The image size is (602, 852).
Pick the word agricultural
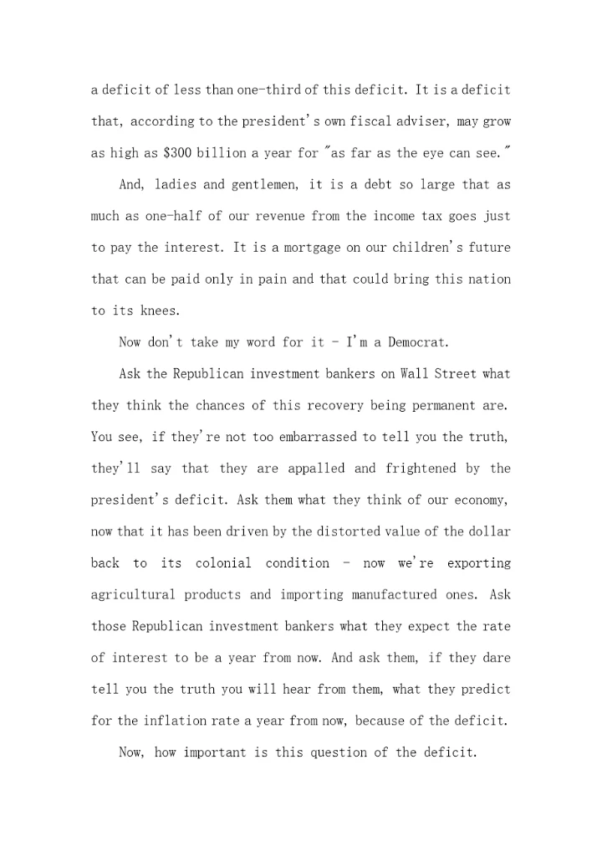point(133,595)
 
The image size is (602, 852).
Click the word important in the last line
point(212,752)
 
